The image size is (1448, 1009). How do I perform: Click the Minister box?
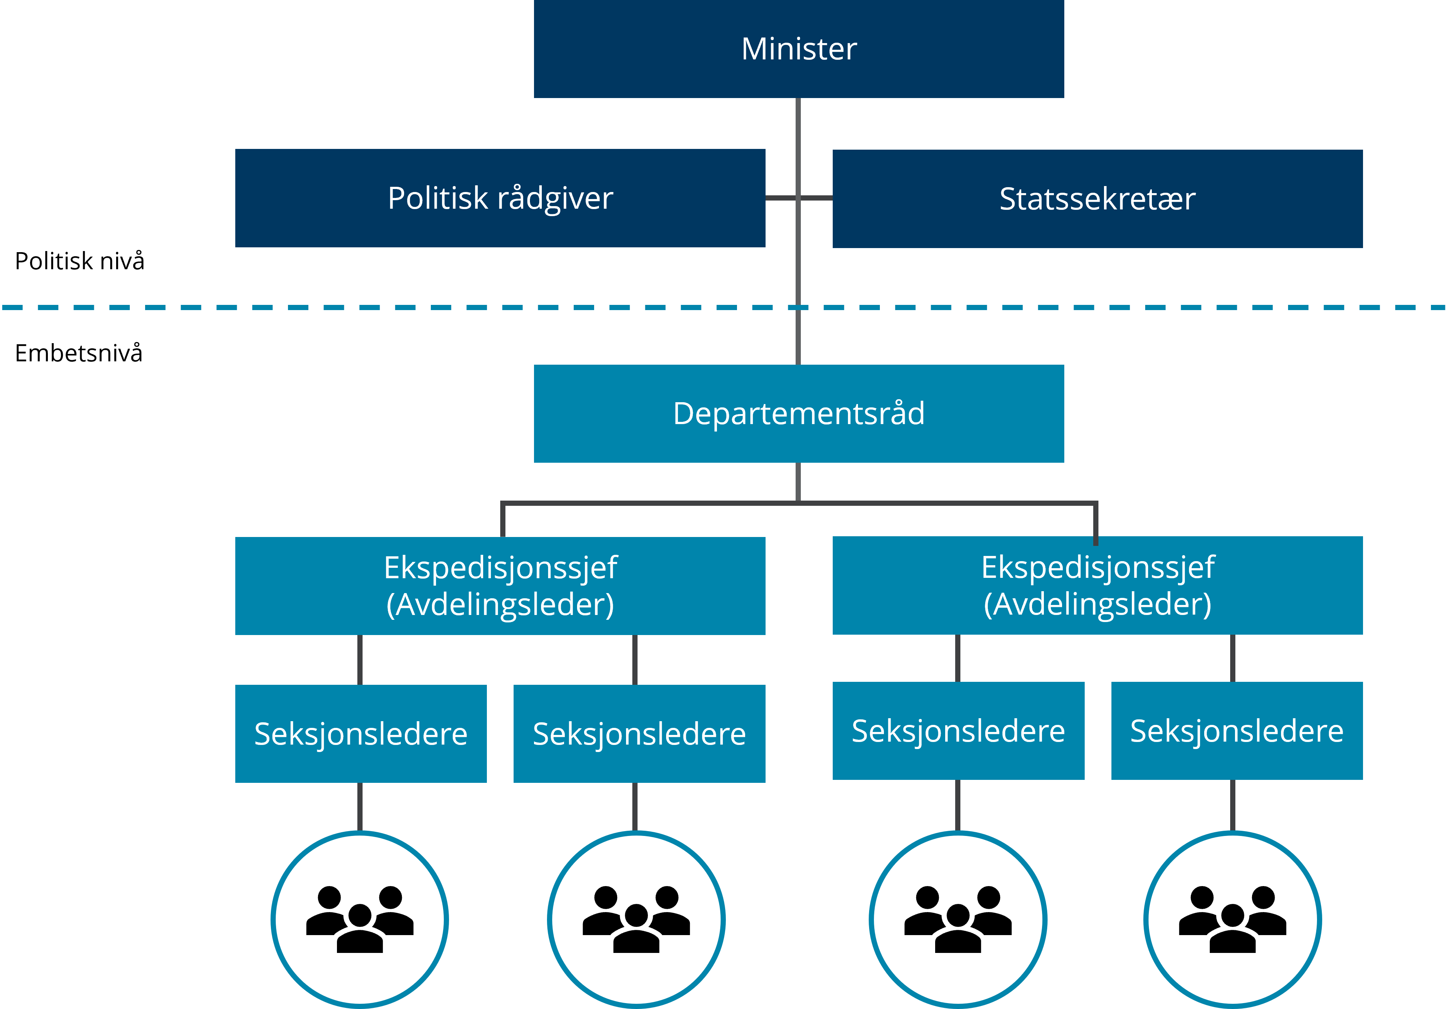tap(799, 49)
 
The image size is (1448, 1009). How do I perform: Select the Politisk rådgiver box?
tap(500, 198)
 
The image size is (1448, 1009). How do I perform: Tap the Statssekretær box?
tap(1097, 199)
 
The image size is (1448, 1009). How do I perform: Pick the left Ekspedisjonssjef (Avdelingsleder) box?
tap(500, 586)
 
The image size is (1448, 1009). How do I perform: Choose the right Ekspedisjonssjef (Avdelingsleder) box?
tap(1097, 586)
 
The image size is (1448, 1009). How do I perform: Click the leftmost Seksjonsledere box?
tap(361, 734)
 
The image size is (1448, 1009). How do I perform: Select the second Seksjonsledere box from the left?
tap(639, 734)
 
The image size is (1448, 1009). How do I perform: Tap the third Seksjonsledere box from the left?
tap(958, 731)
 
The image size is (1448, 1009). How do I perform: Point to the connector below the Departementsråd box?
tap(799, 483)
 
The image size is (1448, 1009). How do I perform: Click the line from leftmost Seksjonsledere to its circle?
tap(360, 807)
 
